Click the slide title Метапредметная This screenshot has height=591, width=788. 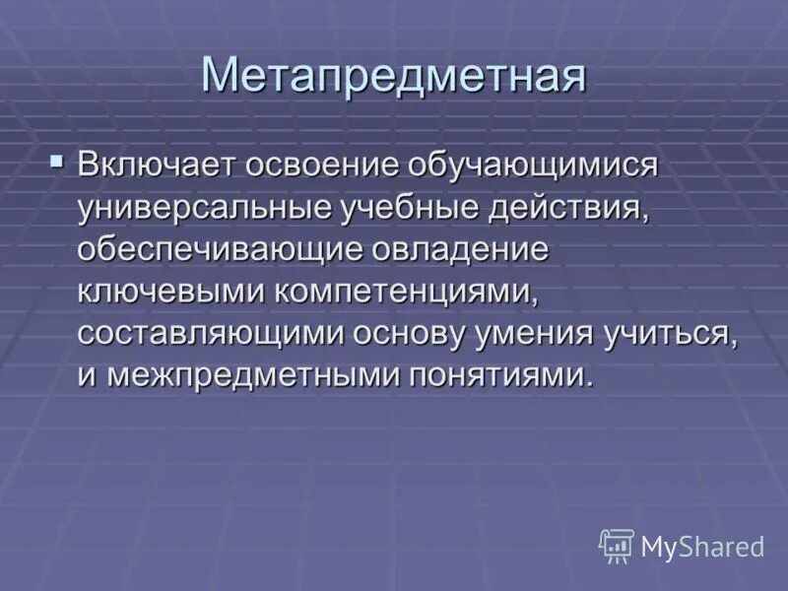pos(393,76)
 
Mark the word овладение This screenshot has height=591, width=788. pos(459,249)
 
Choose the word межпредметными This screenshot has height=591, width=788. pos(249,376)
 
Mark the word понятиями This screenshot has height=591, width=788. pos(498,376)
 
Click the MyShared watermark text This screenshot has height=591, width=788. pos(702,546)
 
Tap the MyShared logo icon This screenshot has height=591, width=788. pos(617,545)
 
